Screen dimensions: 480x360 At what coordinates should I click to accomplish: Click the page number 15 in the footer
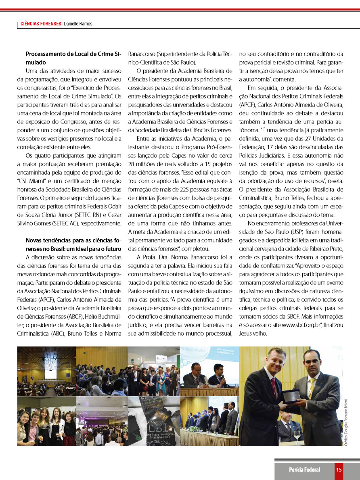point(339,469)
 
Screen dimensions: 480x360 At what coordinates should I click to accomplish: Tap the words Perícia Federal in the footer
point(304,469)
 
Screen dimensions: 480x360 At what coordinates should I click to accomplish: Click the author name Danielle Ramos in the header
point(78,24)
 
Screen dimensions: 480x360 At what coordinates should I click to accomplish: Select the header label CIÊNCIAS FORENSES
point(41,24)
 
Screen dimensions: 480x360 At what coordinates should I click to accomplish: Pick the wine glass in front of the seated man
point(297,436)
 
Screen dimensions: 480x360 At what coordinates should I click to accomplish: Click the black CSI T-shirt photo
point(154,421)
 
